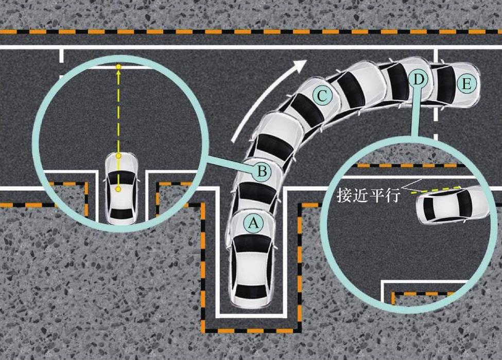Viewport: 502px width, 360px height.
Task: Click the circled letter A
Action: click(x=252, y=224)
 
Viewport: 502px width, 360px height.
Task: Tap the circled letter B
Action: click(x=262, y=171)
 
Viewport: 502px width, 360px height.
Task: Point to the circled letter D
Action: click(x=419, y=79)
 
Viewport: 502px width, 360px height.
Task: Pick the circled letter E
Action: click(x=466, y=84)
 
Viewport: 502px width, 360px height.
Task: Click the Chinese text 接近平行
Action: click(x=368, y=196)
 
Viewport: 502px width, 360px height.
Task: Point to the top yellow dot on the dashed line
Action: click(x=118, y=67)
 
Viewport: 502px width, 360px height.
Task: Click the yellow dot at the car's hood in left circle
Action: click(x=118, y=156)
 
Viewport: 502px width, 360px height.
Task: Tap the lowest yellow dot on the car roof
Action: click(x=118, y=190)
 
